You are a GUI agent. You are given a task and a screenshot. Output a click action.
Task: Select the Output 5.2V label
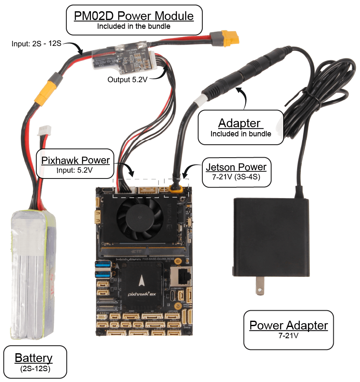point(127,79)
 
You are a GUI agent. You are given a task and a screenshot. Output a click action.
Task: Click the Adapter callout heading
point(240,123)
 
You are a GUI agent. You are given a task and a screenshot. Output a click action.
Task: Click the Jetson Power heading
point(236,167)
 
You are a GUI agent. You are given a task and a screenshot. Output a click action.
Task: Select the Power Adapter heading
point(288,325)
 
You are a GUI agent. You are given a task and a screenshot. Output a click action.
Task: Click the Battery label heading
point(34,358)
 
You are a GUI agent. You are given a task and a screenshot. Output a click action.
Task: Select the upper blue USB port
point(101,264)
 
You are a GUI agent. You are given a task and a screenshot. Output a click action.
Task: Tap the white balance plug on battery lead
point(44,132)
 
